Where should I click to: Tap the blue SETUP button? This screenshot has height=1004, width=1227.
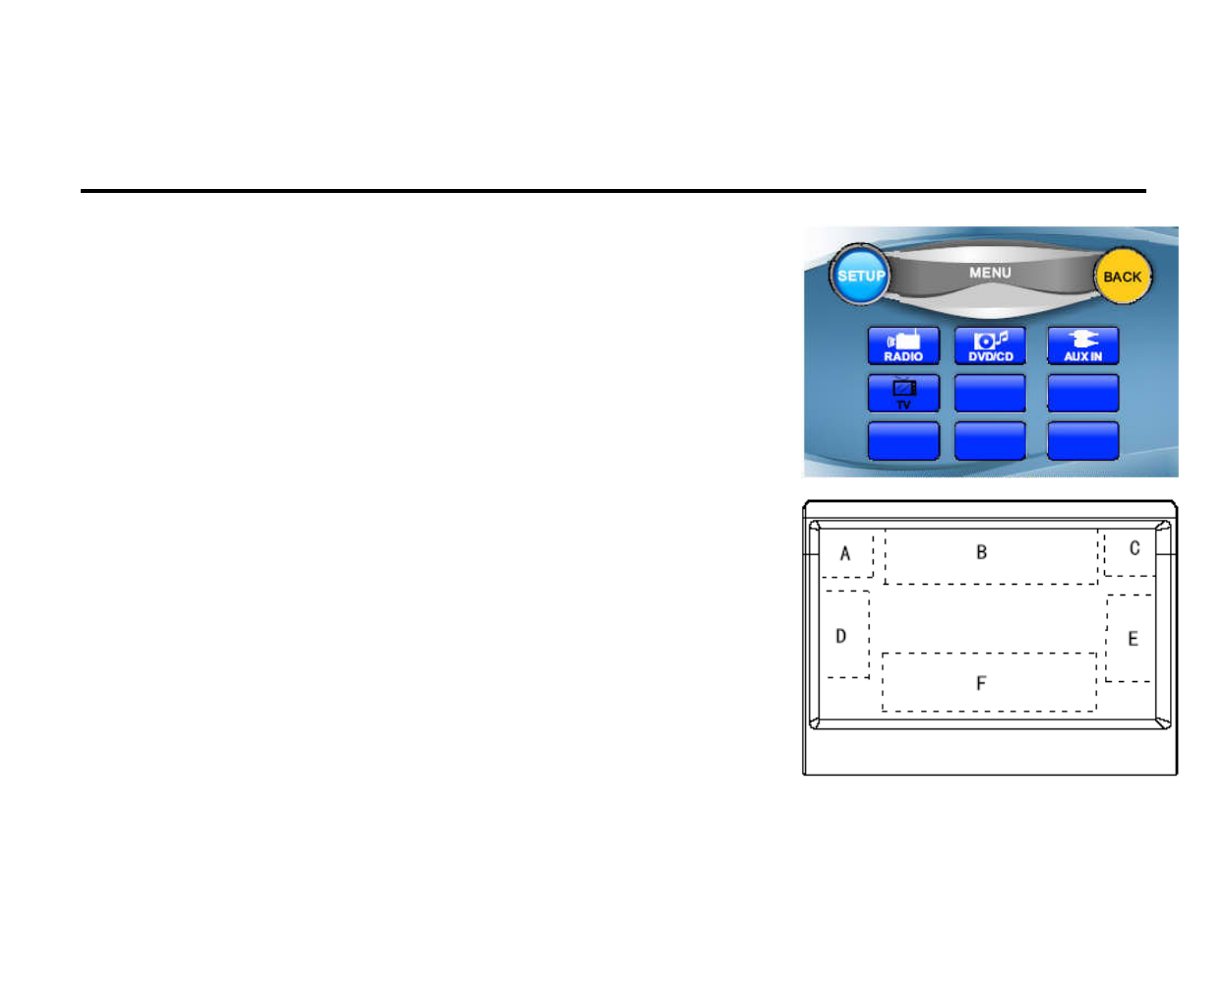pos(860,276)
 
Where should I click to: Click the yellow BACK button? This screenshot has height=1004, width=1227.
pos(1122,277)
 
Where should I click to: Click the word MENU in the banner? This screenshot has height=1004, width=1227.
pos(990,273)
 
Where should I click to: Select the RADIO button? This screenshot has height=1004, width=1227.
pos(903,346)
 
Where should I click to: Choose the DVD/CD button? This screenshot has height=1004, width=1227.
pos(990,346)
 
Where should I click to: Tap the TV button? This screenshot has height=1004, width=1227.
pos(903,394)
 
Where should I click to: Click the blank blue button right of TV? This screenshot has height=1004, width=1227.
pos(990,394)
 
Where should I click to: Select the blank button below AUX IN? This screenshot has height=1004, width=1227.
pos(1082,394)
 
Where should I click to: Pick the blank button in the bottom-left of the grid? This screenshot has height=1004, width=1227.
pos(903,441)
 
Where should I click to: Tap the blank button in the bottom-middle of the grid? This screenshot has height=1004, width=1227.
pos(990,441)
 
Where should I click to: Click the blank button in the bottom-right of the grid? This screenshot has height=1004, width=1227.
pos(1082,441)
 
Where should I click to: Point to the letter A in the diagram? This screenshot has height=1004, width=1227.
pos(845,553)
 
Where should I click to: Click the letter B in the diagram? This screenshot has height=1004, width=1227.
pos(981,552)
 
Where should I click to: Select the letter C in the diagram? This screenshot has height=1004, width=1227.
pos(1135,548)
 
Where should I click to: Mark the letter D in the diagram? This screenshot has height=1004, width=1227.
pos(841,636)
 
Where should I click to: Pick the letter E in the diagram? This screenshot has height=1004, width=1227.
pos(1133,639)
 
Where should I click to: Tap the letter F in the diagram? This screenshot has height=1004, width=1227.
pos(981,683)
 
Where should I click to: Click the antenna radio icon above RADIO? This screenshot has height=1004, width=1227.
pos(903,340)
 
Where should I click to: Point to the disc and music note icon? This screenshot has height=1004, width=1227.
pos(990,340)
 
